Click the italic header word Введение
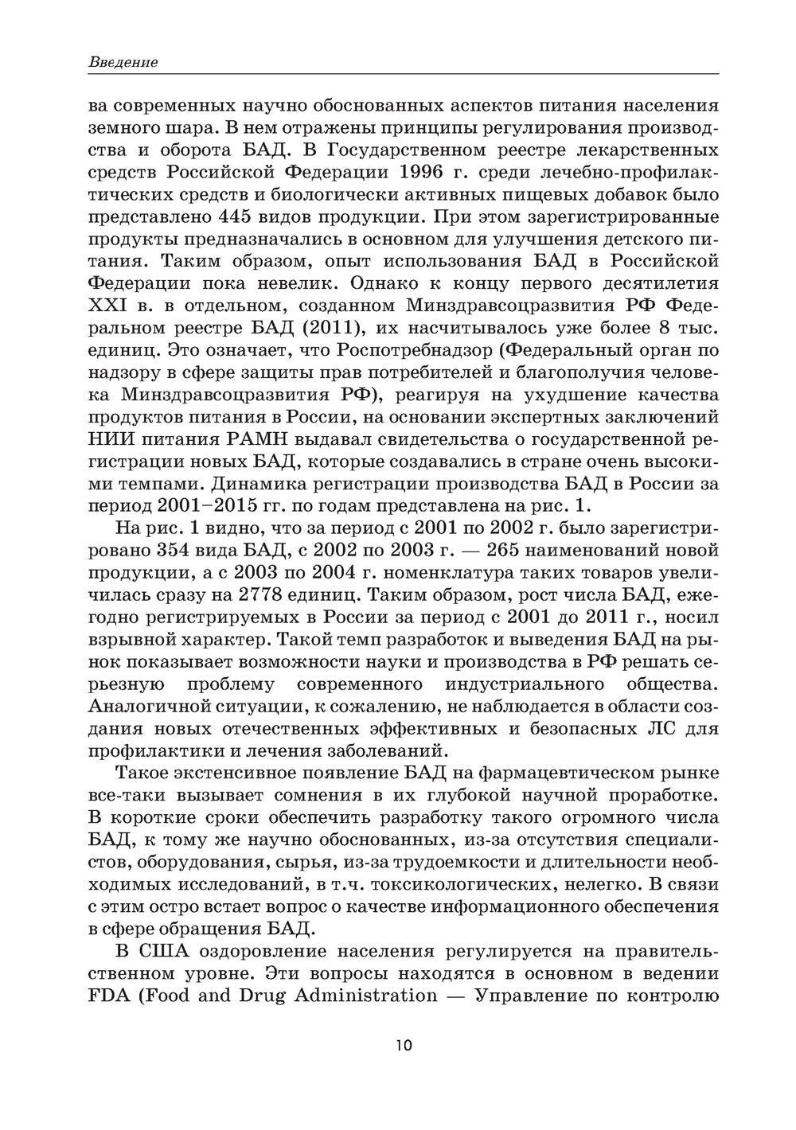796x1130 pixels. pyautogui.click(x=123, y=62)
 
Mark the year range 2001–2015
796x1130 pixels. pyautogui.click(x=209, y=507)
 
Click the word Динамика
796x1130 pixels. pyautogui.click(x=261, y=485)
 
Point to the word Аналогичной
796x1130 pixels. pyautogui.click(x=147, y=706)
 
